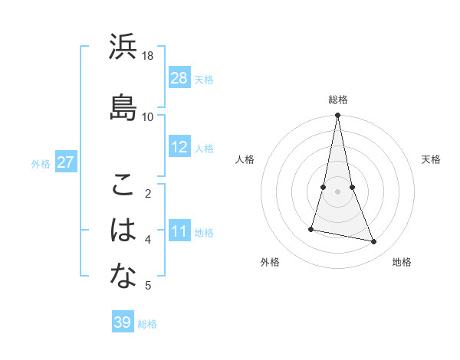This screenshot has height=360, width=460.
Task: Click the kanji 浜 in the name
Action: pyautogui.click(x=123, y=47)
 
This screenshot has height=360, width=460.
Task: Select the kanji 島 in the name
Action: pyautogui.click(x=123, y=106)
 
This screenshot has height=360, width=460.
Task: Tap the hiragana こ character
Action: pyautogui.click(x=123, y=184)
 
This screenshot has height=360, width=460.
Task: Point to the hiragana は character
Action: pyautogui.click(x=123, y=230)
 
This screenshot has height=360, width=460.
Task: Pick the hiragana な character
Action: pyautogui.click(x=123, y=276)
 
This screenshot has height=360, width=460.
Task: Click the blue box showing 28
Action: pyautogui.click(x=179, y=77)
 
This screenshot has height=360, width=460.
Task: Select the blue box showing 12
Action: pyautogui.click(x=179, y=147)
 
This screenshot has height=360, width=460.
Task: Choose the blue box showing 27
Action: pyautogui.click(x=66, y=162)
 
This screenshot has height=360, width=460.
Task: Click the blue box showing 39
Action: pyautogui.click(x=123, y=322)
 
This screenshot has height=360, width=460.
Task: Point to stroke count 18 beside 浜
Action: pyautogui.click(x=148, y=56)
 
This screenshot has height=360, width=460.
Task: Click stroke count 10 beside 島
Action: pyautogui.click(x=148, y=116)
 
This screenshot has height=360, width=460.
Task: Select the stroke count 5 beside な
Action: pyautogui.click(x=148, y=286)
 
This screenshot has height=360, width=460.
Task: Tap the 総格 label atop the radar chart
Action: pyautogui.click(x=338, y=100)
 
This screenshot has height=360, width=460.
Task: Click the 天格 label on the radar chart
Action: pyautogui.click(x=431, y=159)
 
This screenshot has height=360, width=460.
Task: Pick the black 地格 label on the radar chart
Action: pyautogui.click(x=402, y=262)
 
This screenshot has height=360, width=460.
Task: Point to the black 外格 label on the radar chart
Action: pyautogui.click(x=270, y=262)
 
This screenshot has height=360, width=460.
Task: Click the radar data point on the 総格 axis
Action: pyautogui.click(x=338, y=116)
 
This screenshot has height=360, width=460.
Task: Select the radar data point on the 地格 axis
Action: pyautogui.click(x=373, y=241)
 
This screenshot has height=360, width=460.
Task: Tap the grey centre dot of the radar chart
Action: pyautogui.click(x=338, y=191)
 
